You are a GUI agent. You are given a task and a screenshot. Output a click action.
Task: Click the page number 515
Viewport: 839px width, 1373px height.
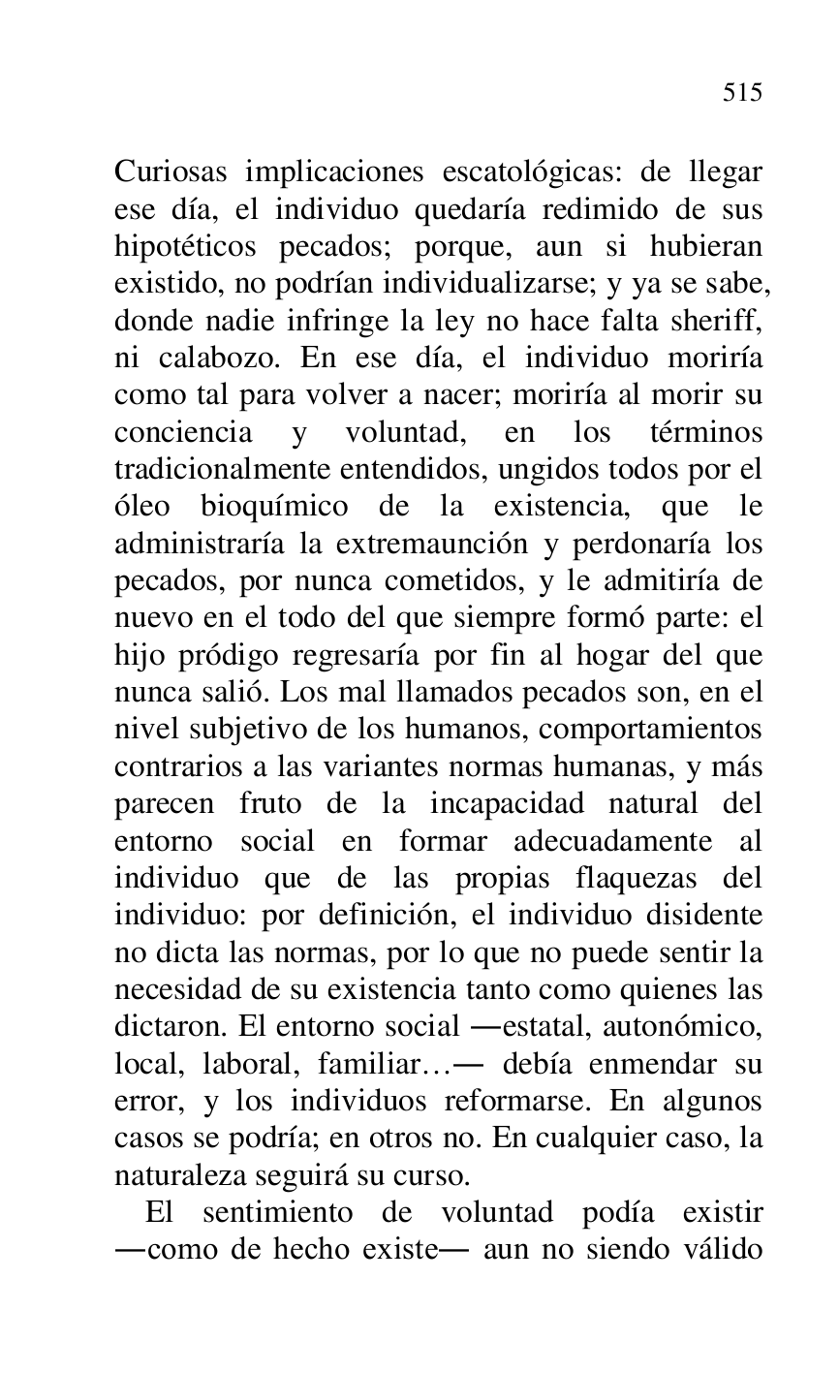click(742, 93)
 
